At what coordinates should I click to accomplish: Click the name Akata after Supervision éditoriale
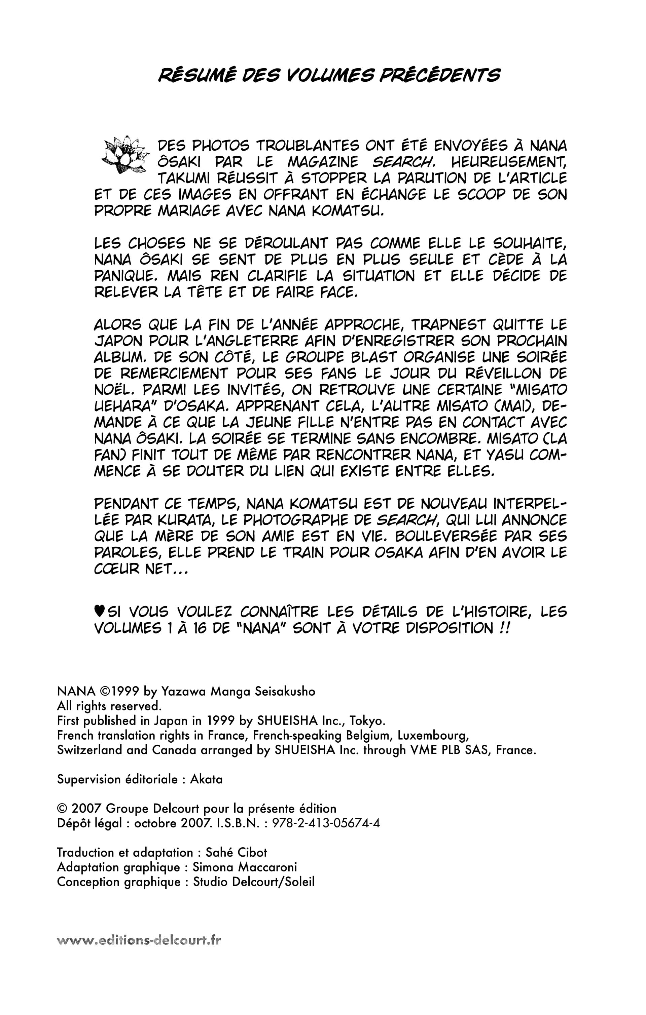coord(206,779)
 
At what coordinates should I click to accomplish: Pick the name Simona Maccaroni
coord(245,867)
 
